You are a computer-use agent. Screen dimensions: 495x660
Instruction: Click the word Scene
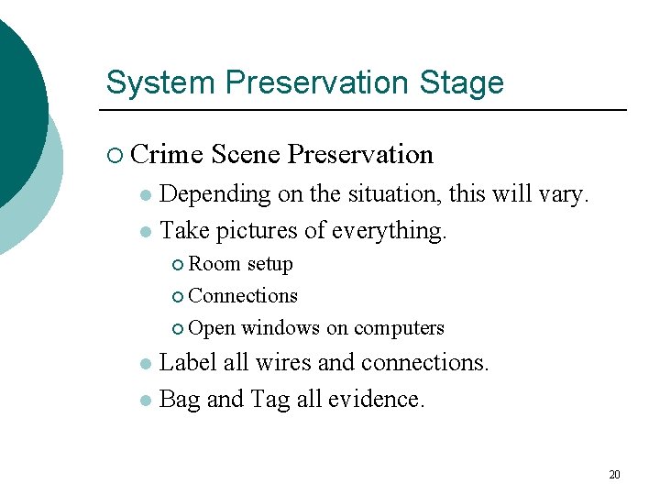[245, 154]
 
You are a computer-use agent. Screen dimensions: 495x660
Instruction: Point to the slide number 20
[614, 475]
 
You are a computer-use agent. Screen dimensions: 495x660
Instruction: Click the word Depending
[214, 194]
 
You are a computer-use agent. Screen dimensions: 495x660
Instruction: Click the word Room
[214, 264]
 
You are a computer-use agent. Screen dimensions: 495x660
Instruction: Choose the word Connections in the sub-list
[243, 295]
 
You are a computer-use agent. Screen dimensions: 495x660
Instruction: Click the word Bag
[180, 399]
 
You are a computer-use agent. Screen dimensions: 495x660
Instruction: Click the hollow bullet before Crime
[114, 155]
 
